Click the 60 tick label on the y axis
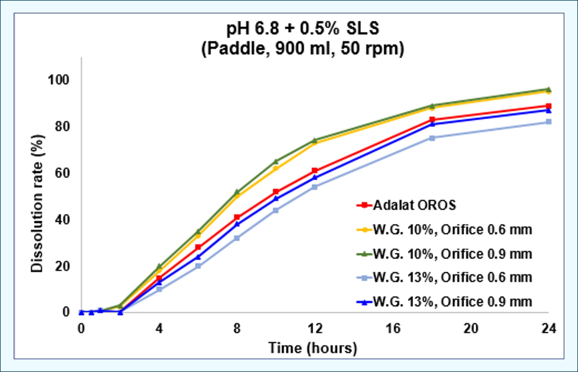pyautogui.click(x=62, y=173)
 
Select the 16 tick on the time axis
pyautogui.click(x=393, y=329)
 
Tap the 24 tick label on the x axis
pyautogui.click(x=549, y=329)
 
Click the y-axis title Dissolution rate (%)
pyautogui.click(x=37, y=203)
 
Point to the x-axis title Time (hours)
pyautogui.click(x=312, y=348)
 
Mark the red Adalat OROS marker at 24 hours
pyautogui.click(x=549, y=106)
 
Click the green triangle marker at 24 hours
pyautogui.click(x=549, y=89)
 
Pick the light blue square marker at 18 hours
pyautogui.click(x=432, y=138)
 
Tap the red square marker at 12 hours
pyautogui.click(x=315, y=171)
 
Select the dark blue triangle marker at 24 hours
pyautogui.click(x=549, y=111)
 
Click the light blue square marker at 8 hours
pyautogui.click(x=237, y=238)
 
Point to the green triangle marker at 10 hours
pyautogui.click(x=276, y=161)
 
